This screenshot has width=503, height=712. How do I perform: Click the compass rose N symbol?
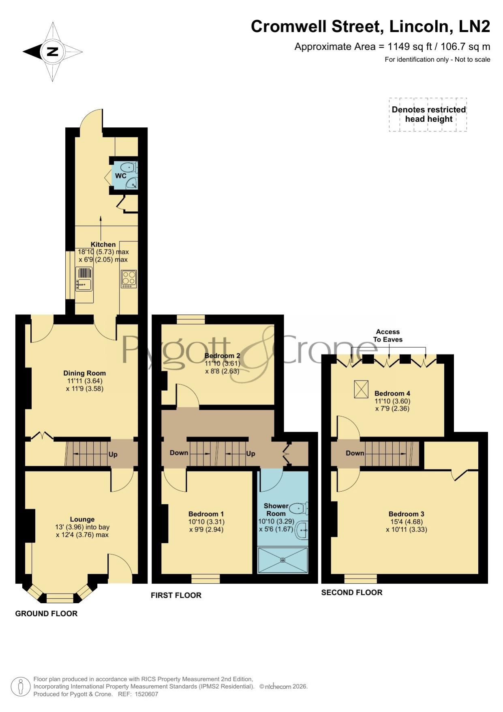52,52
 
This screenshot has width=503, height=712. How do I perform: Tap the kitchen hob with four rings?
129,279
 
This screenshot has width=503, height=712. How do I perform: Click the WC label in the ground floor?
121,176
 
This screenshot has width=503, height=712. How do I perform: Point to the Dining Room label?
85,373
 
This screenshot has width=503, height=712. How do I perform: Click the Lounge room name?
82,519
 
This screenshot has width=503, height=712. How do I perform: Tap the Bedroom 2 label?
222,355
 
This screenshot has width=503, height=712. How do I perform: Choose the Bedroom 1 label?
206,514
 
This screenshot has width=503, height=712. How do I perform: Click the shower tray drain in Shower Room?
283,560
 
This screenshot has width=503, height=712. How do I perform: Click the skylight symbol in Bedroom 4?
361,389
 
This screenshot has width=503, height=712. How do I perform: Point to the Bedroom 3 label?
406,514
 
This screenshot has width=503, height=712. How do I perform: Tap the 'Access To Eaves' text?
388,336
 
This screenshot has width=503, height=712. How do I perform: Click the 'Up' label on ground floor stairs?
113,454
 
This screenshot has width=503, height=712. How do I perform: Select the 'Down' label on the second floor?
355,453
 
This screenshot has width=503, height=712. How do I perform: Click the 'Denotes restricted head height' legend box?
428,114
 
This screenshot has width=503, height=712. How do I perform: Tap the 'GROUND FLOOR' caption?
46,613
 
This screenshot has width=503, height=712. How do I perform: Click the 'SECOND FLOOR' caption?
352,592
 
